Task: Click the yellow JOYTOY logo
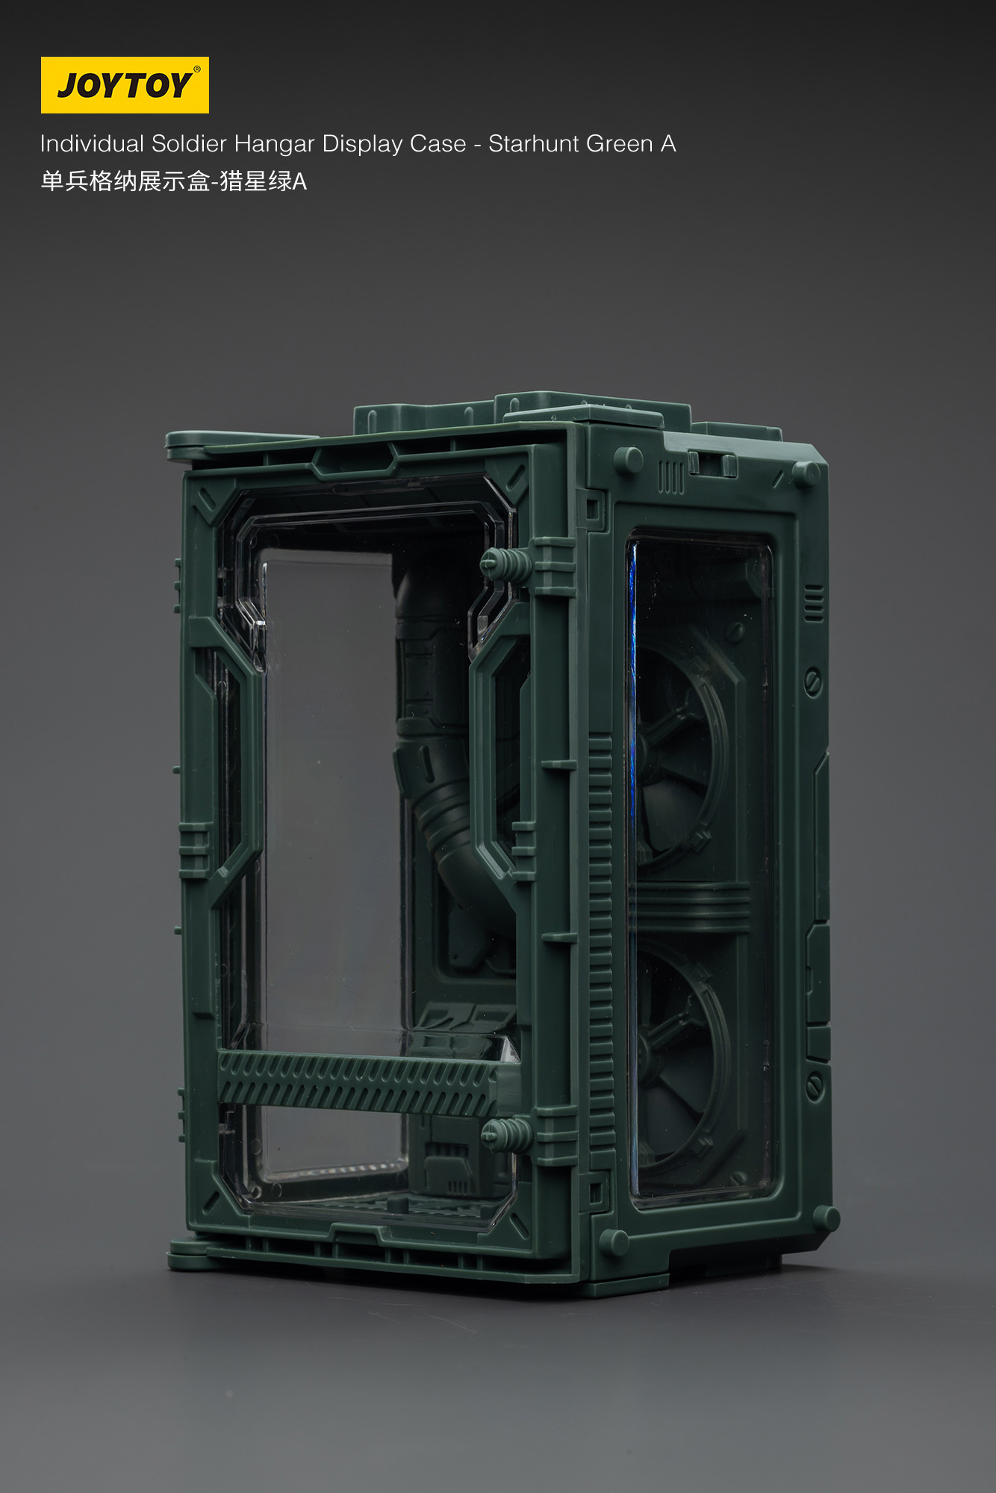pyautogui.click(x=125, y=85)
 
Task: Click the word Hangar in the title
pyautogui.click(x=275, y=144)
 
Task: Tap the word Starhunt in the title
pyautogui.click(x=534, y=143)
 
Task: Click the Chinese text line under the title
pyautogui.click(x=173, y=181)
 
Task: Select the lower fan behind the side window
pyautogui.click(x=679, y=1045)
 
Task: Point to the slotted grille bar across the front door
pyautogui.click(x=357, y=1082)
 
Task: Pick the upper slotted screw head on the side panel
pyautogui.click(x=813, y=681)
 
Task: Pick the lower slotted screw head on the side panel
pyautogui.click(x=815, y=1085)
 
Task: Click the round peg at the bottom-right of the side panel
pyautogui.click(x=825, y=1218)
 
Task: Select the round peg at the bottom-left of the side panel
pyautogui.click(x=614, y=1241)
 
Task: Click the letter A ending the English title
pyautogui.click(x=668, y=143)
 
